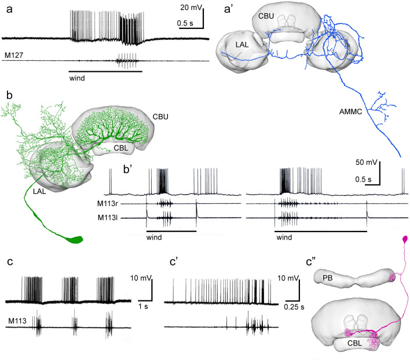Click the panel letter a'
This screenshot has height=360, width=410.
click(228, 9)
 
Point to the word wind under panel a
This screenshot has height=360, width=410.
click(78, 77)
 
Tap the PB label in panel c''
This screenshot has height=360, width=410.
click(321, 278)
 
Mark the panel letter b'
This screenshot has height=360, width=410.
click(113, 172)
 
